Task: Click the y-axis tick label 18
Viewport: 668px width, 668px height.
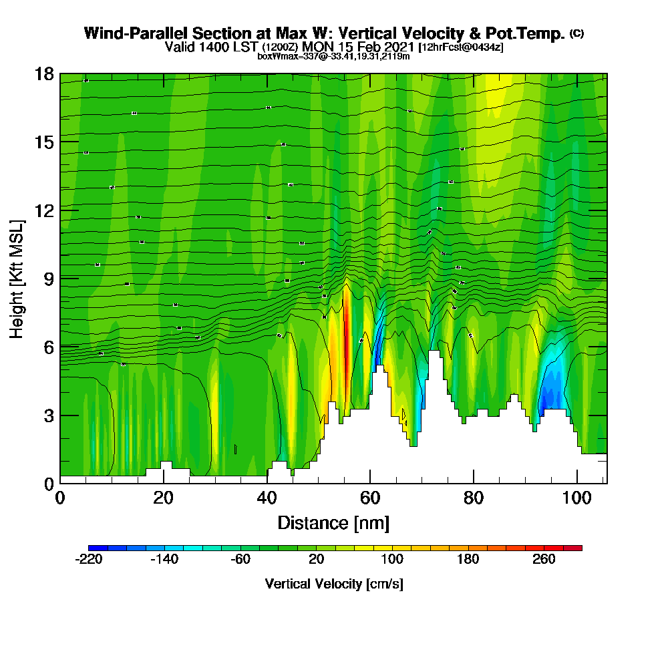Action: (44, 73)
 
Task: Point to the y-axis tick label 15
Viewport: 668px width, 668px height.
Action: (44, 142)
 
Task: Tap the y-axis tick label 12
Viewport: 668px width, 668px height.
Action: (44, 210)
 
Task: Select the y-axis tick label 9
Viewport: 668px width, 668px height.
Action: (48, 278)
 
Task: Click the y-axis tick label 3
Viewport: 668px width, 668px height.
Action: (48, 415)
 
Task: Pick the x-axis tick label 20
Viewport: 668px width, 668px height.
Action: (164, 498)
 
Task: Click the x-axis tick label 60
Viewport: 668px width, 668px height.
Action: (370, 498)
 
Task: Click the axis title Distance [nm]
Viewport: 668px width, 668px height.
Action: (333, 522)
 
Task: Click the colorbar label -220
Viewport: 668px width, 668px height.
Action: (89, 559)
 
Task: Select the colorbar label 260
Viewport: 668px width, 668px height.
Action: (544, 559)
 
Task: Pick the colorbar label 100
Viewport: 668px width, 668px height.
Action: (392, 559)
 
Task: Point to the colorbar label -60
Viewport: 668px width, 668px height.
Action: (240, 559)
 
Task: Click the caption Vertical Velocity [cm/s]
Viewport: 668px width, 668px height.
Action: (334, 584)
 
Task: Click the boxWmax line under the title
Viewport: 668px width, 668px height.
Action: (333, 56)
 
